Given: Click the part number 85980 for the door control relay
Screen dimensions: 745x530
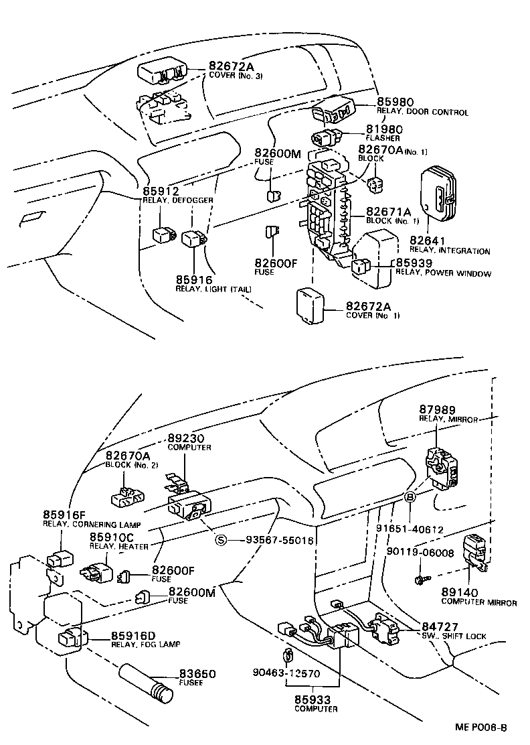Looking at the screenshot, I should pos(396,103).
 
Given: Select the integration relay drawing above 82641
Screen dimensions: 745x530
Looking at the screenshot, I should pos(438,195).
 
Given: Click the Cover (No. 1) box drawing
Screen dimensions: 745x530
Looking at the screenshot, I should pos(311,306).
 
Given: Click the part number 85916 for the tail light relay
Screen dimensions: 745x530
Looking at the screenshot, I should pos(194,279).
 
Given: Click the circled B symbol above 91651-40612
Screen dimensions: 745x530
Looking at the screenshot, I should pos(409,497).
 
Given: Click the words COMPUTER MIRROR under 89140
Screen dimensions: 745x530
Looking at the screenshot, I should pos(478,602).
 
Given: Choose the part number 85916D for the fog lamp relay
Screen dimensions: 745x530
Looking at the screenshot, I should pos(133,635).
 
